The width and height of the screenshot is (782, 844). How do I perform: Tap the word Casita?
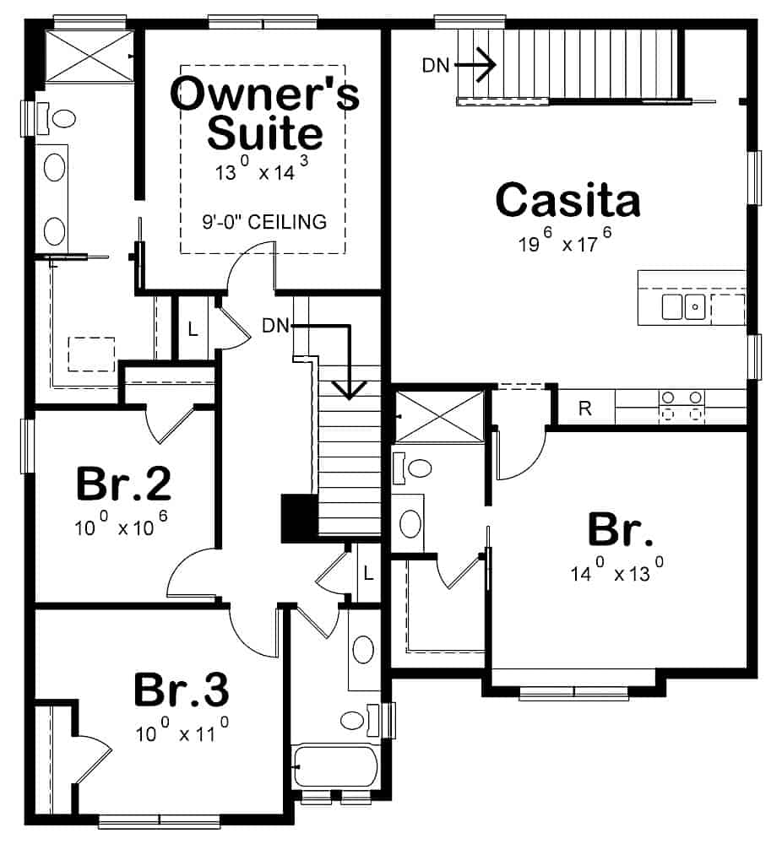(567, 201)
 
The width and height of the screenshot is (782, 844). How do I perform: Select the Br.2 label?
(123, 484)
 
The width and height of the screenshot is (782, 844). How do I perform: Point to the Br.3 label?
(181, 690)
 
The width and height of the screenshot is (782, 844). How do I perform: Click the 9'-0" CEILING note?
(264, 223)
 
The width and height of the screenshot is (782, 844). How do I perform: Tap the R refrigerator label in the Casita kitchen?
(584, 409)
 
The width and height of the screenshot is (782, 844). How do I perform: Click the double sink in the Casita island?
(683, 307)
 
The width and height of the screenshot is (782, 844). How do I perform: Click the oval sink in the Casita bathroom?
(410, 523)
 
